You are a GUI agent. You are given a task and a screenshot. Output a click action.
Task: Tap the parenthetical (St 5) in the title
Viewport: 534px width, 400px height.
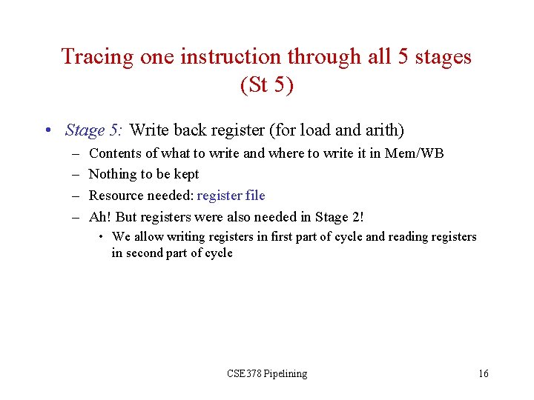(267, 85)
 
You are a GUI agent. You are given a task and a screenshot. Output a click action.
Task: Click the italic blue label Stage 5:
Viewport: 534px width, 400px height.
(93, 131)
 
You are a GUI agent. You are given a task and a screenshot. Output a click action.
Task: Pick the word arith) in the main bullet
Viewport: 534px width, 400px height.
(383, 131)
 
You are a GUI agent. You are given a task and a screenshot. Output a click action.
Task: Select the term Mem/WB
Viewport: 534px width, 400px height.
(414, 153)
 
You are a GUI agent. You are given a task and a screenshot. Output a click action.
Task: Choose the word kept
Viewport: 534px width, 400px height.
(185, 175)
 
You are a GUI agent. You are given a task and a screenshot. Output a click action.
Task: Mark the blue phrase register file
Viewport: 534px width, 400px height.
(231, 196)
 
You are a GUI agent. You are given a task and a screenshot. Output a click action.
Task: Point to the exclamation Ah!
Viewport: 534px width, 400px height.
(100, 217)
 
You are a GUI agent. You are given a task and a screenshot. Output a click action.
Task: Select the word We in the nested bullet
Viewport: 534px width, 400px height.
(120, 237)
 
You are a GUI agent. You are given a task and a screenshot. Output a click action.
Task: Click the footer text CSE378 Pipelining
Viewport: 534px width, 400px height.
(267, 373)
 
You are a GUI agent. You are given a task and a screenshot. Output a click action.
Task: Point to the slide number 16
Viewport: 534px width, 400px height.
(484, 373)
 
